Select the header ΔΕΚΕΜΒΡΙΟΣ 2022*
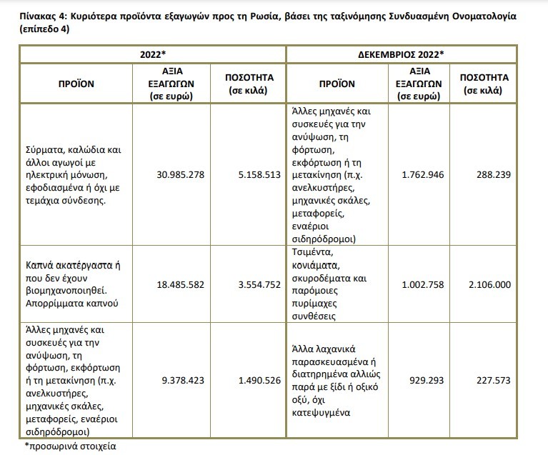401,54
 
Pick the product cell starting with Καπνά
72,284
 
